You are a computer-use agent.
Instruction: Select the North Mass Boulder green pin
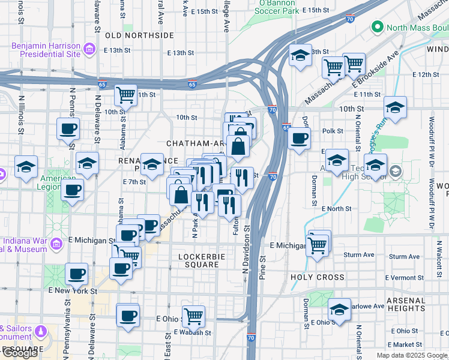pyautogui.click(x=378, y=26)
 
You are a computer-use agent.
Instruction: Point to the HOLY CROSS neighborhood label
pyautogui.click(x=318, y=277)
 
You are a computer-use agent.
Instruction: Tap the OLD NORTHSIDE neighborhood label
pyautogui.click(x=139, y=35)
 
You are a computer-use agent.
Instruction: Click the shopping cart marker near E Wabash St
pyautogui.click(x=193, y=315)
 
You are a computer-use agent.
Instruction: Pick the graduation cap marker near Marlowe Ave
pyautogui.click(x=340, y=310)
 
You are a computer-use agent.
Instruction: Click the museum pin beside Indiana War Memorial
pyautogui.click(x=56, y=244)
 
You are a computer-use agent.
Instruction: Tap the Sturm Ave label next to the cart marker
pyautogui.click(x=358, y=255)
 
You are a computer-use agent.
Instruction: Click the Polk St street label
pyautogui.click(x=332, y=131)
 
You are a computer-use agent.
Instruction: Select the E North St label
pyautogui.click(x=336, y=208)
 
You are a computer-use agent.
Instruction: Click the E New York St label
pyautogui.click(x=73, y=290)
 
